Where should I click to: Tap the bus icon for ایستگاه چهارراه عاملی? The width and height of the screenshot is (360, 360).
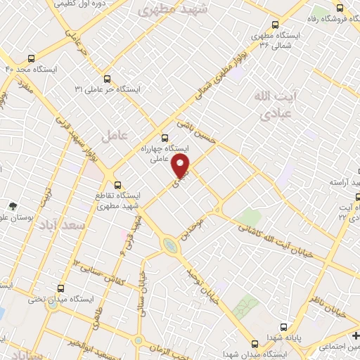(165, 137)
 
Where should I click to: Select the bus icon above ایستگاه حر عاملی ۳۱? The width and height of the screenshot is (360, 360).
(107, 79)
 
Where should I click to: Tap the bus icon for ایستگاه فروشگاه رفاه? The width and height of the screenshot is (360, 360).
(340, 8)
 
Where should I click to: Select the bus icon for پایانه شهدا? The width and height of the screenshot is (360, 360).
(284, 327)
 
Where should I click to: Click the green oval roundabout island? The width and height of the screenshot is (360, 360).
(171, 246)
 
